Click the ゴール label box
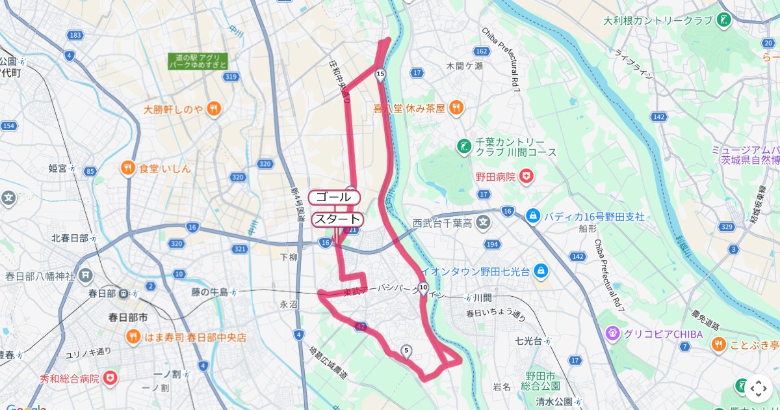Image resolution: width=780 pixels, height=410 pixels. click(333, 197)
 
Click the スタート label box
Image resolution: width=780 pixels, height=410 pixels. click(337, 219)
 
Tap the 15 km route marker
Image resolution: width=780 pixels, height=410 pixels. click(380, 75)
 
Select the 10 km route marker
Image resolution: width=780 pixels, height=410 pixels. click(423, 288)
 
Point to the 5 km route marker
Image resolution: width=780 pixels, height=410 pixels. click(406, 351)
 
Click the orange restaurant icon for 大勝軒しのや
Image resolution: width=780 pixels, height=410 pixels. click(214, 109)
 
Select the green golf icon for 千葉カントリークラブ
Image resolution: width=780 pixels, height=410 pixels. click(463, 146)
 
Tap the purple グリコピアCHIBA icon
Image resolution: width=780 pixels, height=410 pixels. click(612, 334)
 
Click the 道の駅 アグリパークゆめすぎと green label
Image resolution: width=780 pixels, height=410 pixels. click(198, 61)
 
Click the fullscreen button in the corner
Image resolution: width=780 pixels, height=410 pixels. click(759, 389)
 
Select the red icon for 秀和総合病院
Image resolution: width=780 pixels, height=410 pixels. click(111, 377)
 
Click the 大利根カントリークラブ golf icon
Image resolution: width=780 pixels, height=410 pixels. click(723, 21)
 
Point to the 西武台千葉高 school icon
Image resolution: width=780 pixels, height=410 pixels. click(484, 223)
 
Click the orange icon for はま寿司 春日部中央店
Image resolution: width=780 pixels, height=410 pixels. click(133, 337)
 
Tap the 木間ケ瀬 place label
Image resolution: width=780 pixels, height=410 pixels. click(464, 66)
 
